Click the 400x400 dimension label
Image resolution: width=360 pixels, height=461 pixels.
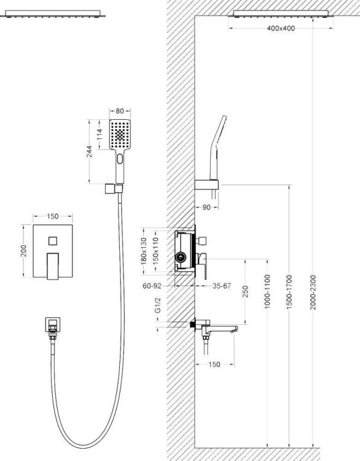coord(281,28)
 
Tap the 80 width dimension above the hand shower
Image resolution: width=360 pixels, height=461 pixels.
coord(120,111)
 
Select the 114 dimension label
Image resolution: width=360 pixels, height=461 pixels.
coord(100,135)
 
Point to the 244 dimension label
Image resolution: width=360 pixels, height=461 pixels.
coord(90,151)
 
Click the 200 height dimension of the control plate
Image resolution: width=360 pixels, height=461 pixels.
coord(23,251)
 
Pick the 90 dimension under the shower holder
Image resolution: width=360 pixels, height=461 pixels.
coord(206,207)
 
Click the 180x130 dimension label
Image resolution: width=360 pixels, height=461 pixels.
coord(144,251)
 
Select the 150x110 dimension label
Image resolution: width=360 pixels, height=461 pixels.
coord(156,251)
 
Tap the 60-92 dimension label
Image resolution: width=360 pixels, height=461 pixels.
coord(152,285)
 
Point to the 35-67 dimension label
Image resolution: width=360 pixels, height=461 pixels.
coord(222,286)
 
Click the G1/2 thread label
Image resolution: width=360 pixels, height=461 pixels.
coord(158,305)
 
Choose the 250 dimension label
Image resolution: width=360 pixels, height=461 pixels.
coord(245,291)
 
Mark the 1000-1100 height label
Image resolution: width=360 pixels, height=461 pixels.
coord(267,291)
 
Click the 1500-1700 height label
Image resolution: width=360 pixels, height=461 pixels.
coord(289,292)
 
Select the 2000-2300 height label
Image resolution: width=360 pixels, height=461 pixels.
coord(313,292)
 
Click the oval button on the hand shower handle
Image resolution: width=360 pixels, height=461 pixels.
coord(120,159)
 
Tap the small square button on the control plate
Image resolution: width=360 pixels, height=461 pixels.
coord(53,241)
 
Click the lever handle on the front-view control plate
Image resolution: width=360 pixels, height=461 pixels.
coord(53,266)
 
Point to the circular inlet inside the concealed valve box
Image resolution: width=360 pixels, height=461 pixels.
coord(181,258)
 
